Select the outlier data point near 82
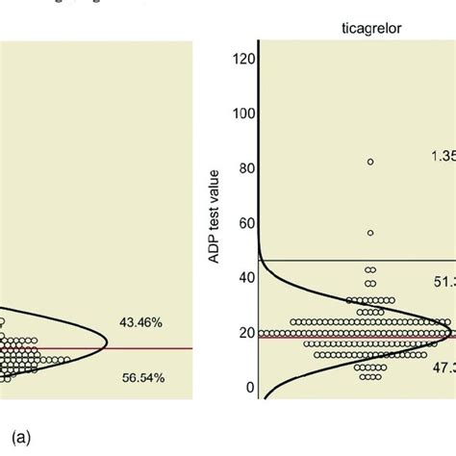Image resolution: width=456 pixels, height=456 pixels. coord(370,161)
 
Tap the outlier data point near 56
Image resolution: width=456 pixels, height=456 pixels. coord(370,233)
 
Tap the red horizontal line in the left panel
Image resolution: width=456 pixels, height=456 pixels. coord(144,348)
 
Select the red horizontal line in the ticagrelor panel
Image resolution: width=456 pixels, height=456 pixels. coord(289,336)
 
